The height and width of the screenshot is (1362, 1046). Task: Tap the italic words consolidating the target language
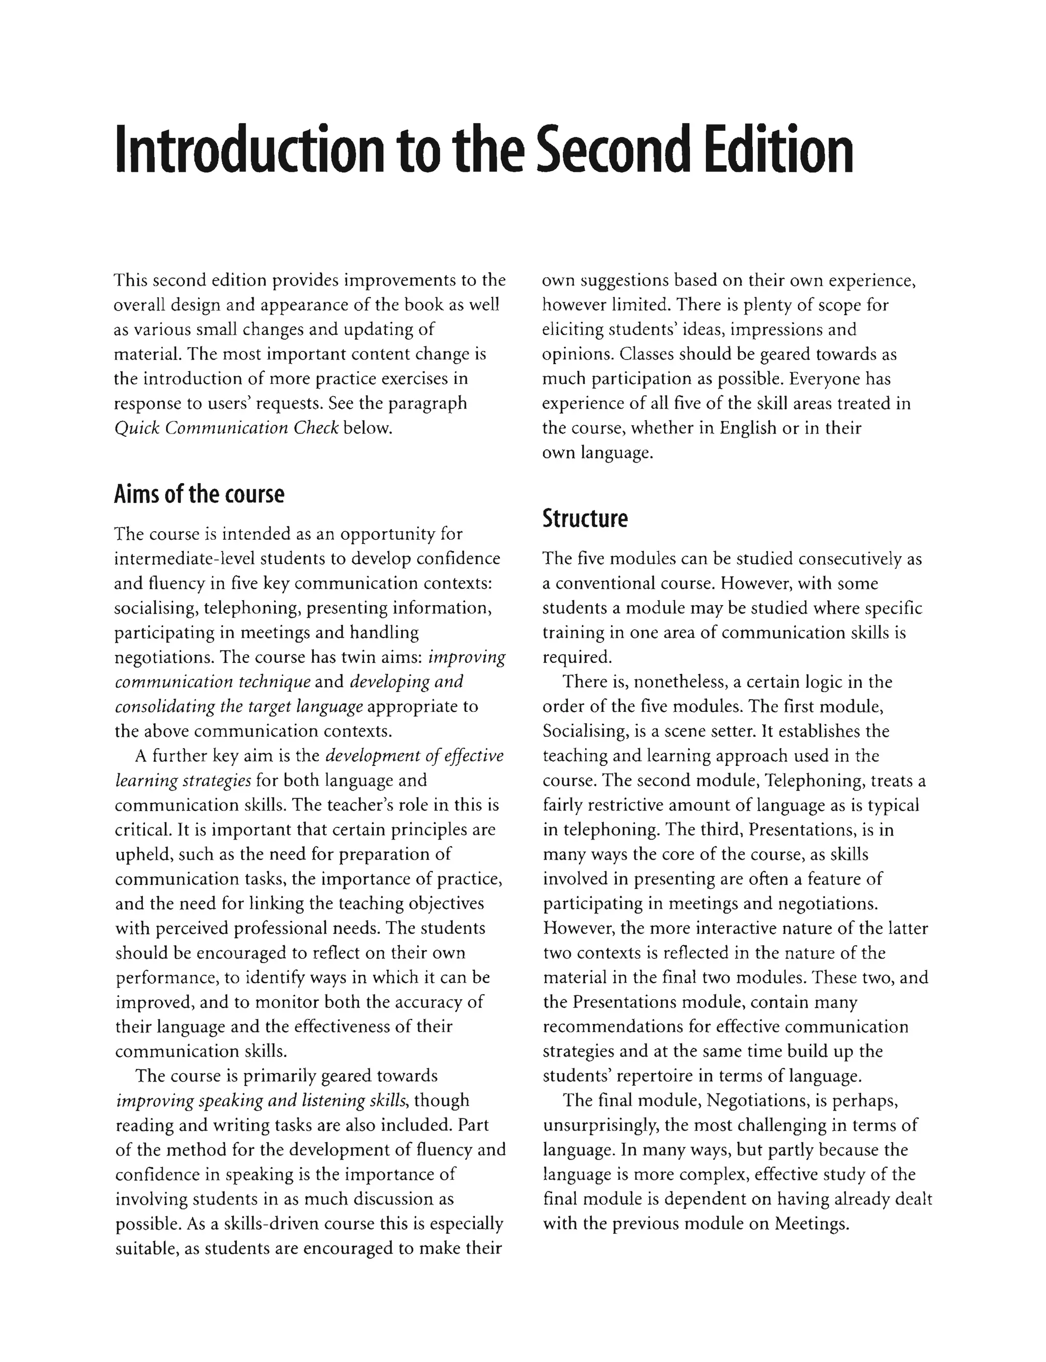(x=239, y=706)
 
